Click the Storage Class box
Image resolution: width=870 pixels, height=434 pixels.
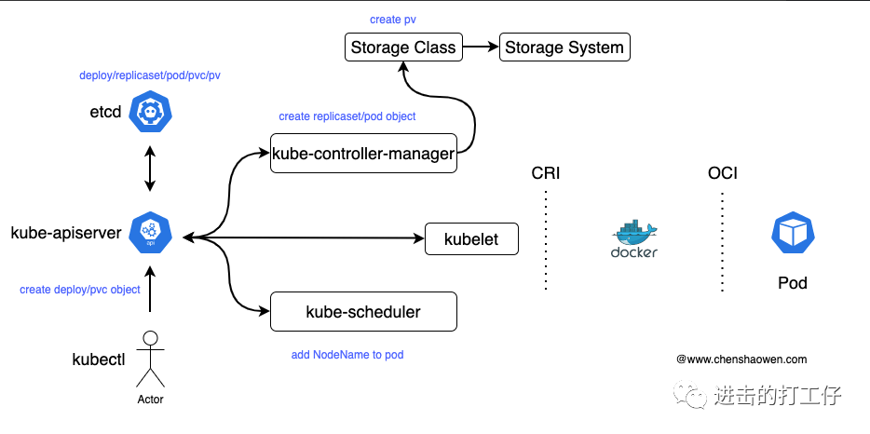pyautogui.click(x=403, y=47)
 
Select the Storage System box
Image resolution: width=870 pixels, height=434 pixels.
pyautogui.click(x=564, y=47)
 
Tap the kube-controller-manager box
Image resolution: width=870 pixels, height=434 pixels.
pyautogui.click(x=363, y=153)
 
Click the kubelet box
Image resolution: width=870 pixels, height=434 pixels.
pyautogui.click(x=471, y=239)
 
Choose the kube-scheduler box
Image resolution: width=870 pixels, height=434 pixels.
pyautogui.click(x=363, y=312)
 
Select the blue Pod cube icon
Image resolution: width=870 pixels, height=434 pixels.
pyautogui.click(x=793, y=233)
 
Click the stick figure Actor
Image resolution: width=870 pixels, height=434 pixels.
pyautogui.click(x=149, y=360)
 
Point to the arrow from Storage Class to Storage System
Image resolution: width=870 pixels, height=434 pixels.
pyautogui.click(x=481, y=47)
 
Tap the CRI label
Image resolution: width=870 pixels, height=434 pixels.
pyautogui.click(x=546, y=173)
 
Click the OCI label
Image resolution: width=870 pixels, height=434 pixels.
pyautogui.click(x=723, y=173)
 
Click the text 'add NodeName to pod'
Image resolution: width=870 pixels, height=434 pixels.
pyautogui.click(x=347, y=355)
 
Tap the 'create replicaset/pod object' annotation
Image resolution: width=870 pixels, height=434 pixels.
pyautogui.click(x=347, y=116)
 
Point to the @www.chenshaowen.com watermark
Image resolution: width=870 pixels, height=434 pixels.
pyautogui.click(x=741, y=359)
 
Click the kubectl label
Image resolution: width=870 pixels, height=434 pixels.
pyautogui.click(x=99, y=359)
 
